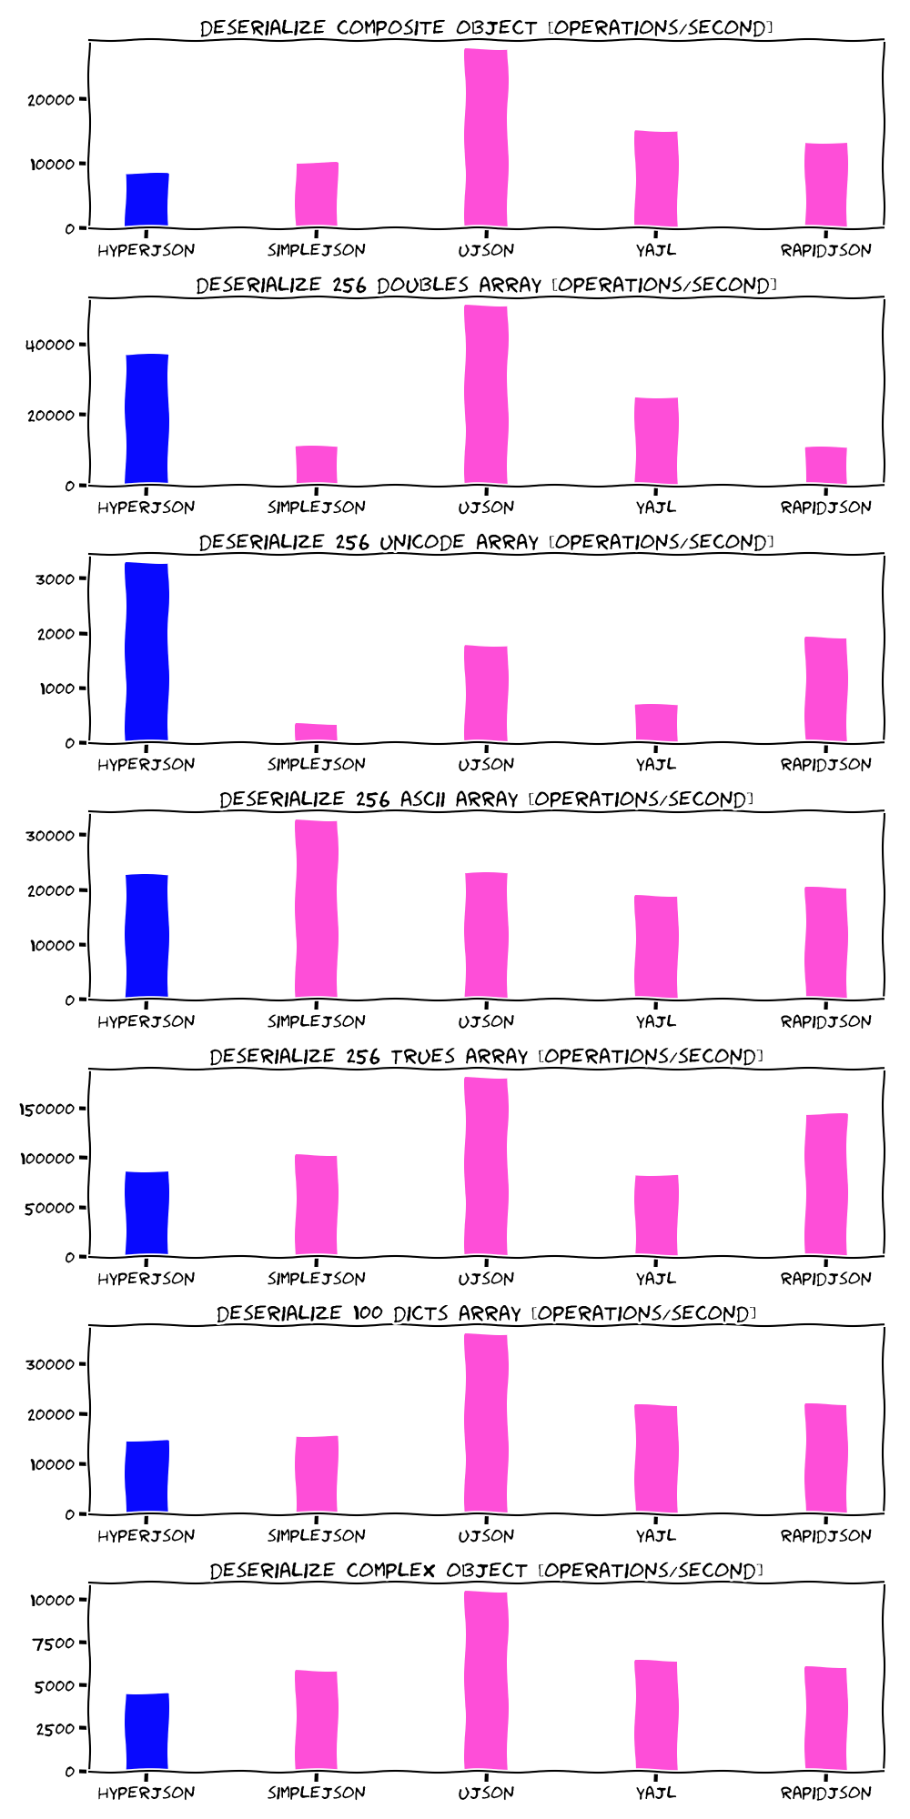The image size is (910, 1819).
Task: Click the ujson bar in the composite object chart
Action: pos(486,136)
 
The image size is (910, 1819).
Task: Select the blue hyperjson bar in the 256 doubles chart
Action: pos(147,418)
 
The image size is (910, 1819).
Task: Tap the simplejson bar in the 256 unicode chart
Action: pos(316,732)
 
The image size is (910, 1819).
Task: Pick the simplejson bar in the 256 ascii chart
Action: pos(316,909)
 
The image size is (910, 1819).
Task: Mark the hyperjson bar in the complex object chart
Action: pos(147,1732)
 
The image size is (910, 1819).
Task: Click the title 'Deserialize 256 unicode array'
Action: pos(486,542)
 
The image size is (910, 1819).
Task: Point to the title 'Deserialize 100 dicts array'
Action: pos(486,1313)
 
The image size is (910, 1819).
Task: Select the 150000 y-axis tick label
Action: pos(49,1110)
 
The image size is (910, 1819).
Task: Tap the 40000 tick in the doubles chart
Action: pos(49,345)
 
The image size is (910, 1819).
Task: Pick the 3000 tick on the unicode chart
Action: pos(56,579)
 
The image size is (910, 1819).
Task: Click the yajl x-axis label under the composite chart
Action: pos(656,250)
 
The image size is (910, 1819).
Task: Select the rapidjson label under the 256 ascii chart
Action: pos(825,1021)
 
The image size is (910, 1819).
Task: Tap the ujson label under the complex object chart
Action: pos(486,1793)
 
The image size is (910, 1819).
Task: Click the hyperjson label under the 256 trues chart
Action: pos(147,1279)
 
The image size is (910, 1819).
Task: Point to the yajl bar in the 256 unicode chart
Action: pos(656,723)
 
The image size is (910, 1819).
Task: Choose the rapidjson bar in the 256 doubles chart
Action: pos(825,466)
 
